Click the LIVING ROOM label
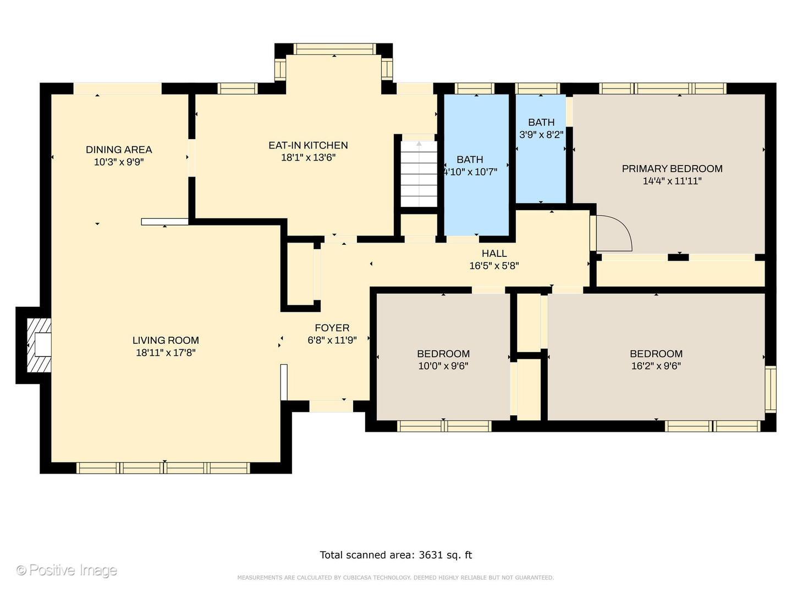point(166,340)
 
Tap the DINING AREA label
point(119,149)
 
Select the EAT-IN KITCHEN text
point(308,145)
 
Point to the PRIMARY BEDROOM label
point(672,168)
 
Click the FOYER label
point(332,328)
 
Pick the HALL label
point(494,253)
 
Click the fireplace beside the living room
point(39,345)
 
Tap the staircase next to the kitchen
point(419,174)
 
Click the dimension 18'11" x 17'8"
point(166,353)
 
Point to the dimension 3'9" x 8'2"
point(541,135)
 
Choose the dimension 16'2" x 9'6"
point(656,366)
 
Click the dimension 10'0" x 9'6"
point(443,366)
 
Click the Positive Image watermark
point(67,570)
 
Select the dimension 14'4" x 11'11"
point(672,181)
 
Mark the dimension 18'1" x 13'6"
point(308,158)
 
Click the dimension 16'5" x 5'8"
point(494,266)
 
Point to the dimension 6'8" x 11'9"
point(332,340)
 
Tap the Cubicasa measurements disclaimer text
point(395,577)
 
